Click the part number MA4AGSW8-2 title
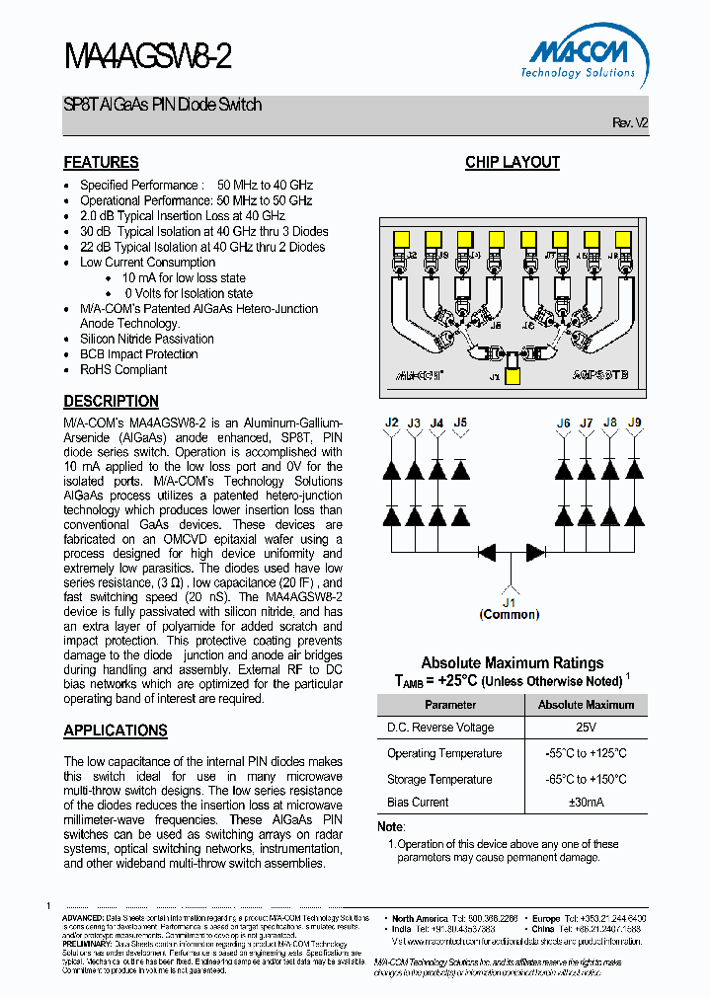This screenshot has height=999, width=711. pyautogui.click(x=148, y=57)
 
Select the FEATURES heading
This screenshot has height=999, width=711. pyautogui.click(x=101, y=163)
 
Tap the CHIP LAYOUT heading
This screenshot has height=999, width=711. pyautogui.click(x=512, y=163)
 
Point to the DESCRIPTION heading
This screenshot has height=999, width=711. pyautogui.click(x=111, y=402)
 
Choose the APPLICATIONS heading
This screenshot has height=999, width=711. pyautogui.click(x=116, y=730)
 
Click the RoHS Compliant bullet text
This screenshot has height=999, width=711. pyautogui.click(x=123, y=370)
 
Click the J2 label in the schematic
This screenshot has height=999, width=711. pyautogui.click(x=391, y=423)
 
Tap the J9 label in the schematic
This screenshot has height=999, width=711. pyautogui.click(x=634, y=423)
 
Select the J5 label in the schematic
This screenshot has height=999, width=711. pyautogui.click(x=460, y=423)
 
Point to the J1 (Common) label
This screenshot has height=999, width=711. pyautogui.click(x=510, y=608)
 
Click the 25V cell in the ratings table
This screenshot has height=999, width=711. pyautogui.click(x=586, y=728)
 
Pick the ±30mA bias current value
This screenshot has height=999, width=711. pyautogui.click(x=586, y=803)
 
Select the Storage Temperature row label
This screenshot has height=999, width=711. pyautogui.click(x=439, y=779)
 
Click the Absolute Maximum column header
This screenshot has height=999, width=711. pyautogui.click(x=586, y=705)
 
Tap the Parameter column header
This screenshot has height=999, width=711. pyautogui.click(x=450, y=705)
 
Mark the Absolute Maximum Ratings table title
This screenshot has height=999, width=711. pyautogui.click(x=513, y=663)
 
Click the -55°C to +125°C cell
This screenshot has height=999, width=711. pyautogui.click(x=586, y=753)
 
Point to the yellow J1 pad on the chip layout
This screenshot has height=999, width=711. pyautogui.click(x=513, y=375)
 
